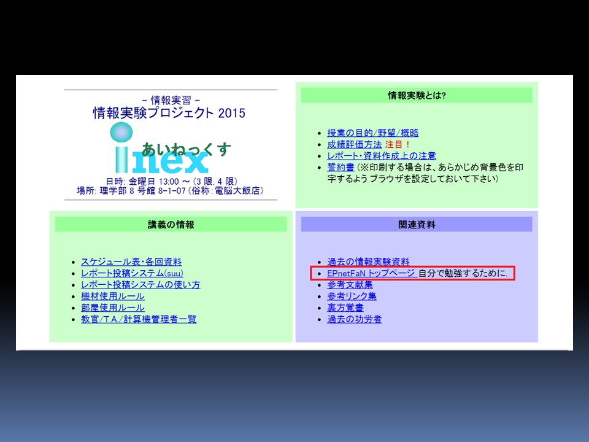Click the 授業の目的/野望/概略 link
tap(372, 133)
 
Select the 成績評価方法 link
tap(354, 144)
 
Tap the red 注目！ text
tap(397, 144)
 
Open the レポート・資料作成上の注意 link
tap(382, 155)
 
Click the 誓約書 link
tap(341, 167)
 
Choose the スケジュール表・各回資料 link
tap(131, 262)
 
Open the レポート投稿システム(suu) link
tap(133, 273)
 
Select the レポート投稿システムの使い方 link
tap(141, 284)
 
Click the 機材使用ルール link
tap(113, 296)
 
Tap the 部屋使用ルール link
tap(113, 308)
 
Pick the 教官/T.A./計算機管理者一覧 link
tap(139, 319)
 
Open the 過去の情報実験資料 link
tap(368, 262)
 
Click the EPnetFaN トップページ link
tap(371, 273)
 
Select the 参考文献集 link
tap(350, 284)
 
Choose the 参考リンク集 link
tap(352, 296)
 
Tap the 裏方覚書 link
tap(345, 308)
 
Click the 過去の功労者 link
tap(354, 319)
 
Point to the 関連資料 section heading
tap(417, 225)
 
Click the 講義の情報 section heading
tap(171, 225)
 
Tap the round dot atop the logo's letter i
tap(121, 133)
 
